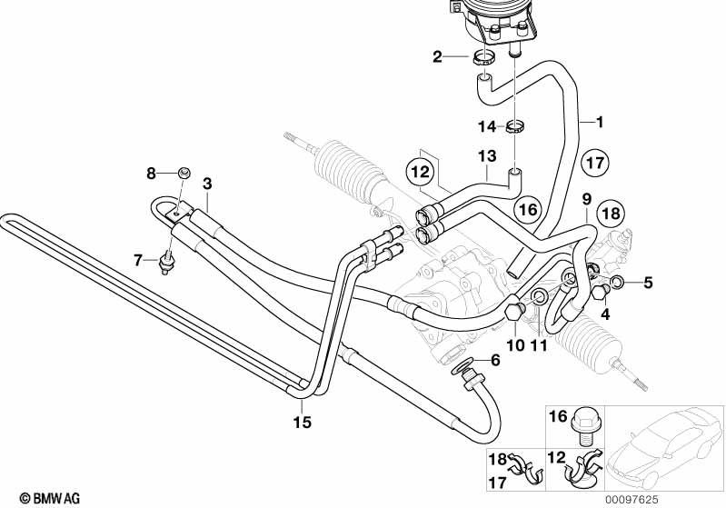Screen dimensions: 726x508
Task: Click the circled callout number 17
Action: pos(595,163)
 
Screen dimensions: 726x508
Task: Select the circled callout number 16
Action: pos(528,209)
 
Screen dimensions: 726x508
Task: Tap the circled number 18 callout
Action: pos(611,214)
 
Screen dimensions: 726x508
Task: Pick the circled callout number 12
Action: pos(421,172)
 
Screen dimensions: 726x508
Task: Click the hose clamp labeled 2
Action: pos(482,59)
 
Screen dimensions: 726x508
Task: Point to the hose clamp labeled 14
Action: pos(515,126)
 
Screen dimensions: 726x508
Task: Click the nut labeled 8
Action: pos(184,173)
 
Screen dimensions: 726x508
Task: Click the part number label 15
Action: pos(303,423)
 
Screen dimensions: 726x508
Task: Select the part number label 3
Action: pos(207,184)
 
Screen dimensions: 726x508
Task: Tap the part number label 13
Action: pos(487,156)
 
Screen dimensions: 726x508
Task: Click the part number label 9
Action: pos(586,200)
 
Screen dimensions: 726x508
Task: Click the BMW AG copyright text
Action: pos(50,498)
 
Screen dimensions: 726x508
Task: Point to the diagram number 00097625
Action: pos(632,500)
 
